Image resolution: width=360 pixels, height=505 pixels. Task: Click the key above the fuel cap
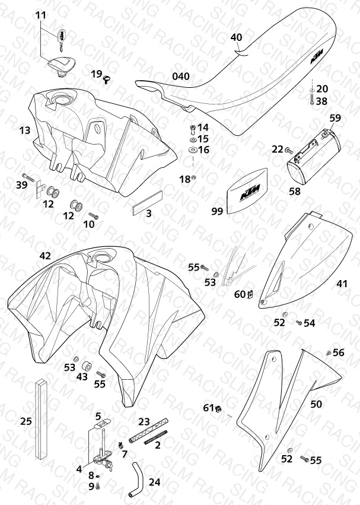62,39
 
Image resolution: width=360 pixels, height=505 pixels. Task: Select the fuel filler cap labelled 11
62,65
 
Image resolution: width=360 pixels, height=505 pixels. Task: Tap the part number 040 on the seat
181,77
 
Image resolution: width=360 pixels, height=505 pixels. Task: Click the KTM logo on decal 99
251,193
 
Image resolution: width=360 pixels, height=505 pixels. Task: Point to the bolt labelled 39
28,177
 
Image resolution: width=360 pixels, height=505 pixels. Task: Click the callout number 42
45,256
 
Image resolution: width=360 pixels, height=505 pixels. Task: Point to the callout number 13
25,131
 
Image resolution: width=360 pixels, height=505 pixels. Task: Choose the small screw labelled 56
328,353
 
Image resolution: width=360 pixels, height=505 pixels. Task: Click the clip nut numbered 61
219,409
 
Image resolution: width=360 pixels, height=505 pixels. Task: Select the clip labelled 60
250,294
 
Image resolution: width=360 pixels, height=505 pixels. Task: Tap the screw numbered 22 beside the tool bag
289,150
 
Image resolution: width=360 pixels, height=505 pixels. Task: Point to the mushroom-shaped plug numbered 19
107,78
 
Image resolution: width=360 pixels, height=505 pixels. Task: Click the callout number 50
316,404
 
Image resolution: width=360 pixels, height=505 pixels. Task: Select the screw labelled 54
299,322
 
